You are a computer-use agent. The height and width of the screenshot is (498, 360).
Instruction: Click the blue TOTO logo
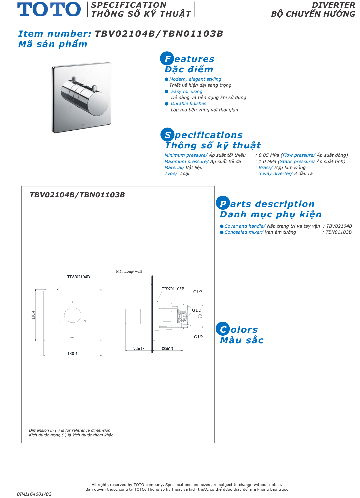tap(49, 9)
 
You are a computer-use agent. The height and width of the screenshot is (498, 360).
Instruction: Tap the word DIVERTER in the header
tap(333, 5)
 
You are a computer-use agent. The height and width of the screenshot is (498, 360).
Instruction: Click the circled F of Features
tap(167, 59)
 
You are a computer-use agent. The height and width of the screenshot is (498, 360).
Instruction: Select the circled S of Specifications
tap(167, 135)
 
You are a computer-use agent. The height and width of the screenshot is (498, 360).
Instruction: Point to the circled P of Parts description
tap(223, 203)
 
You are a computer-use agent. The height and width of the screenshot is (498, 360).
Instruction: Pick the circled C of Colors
tap(223, 329)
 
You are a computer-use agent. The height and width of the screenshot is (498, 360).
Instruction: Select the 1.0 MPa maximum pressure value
tap(267, 161)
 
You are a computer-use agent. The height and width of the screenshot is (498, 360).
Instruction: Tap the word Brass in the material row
tap(265, 167)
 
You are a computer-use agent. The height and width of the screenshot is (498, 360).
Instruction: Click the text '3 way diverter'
tap(275, 173)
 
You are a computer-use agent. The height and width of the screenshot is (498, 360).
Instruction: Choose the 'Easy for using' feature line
tap(187, 91)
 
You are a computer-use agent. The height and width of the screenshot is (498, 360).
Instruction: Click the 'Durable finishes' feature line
tap(188, 103)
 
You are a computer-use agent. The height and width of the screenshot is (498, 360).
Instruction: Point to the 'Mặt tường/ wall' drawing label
tap(129, 271)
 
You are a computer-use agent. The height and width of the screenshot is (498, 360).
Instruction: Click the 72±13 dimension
tap(139, 348)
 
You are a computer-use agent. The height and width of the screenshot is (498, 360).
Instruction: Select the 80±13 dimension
tap(167, 348)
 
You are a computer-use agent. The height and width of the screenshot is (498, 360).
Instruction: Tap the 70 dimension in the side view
tap(200, 316)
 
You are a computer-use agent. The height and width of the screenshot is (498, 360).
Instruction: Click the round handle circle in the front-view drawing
tap(73, 315)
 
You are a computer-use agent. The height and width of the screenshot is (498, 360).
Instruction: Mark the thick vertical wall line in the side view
tap(152, 313)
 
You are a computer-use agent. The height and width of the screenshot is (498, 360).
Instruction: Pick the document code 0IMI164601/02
tap(34, 494)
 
